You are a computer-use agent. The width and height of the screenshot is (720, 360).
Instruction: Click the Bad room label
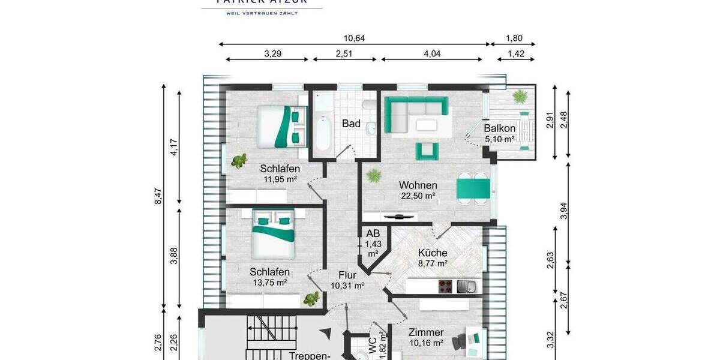click(x=351, y=124)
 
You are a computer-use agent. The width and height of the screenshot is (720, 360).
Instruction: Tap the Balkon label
click(x=500, y=128)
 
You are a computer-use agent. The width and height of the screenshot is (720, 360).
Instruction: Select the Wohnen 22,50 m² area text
click(x=418, y=196)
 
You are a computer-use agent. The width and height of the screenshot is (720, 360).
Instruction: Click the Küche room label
click(x=433, y=253)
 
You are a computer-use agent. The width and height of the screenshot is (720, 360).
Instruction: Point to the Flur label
click(x=347, y=275)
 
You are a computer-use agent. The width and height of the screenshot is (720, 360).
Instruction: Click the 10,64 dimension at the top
click(x=354, y=38)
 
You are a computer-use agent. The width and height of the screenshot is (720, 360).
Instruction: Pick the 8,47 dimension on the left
click(x=158, y=197)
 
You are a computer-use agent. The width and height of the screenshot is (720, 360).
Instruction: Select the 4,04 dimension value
click(x=432, y=53)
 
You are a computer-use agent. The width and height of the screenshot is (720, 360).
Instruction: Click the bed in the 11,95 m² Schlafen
click(x=280, y=126)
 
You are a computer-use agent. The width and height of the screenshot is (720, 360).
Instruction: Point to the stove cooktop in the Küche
click(x=446, y=286)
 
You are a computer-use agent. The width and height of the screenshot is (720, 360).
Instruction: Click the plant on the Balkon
click(x=518, y=96)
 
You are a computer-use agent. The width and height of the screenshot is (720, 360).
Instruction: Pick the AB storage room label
click(x=373, y=233)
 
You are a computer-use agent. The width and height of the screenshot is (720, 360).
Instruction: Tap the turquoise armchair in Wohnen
click(x=425, y=151)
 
